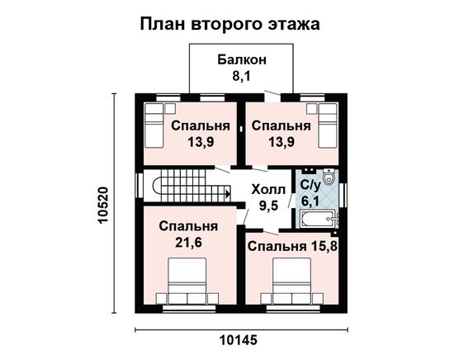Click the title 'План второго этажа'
pos(229,24)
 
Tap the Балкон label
pos(242,59)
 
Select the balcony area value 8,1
pos(242,76)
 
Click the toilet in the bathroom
pos(329,176)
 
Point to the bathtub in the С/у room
pos(319,218)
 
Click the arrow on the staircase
pos(228,193)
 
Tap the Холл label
pos(268,190)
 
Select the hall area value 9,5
pos(268,206)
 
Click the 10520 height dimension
pos(103,205)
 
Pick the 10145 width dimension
pos(239,340)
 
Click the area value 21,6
pos(188,243)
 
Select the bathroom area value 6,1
pos(311,201)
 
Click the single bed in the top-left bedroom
pos(154,126)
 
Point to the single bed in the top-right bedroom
pos(328,126)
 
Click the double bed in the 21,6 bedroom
pos(187,281)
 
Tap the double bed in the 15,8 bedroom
pos(292,281)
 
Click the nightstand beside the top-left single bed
pos(170,108)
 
